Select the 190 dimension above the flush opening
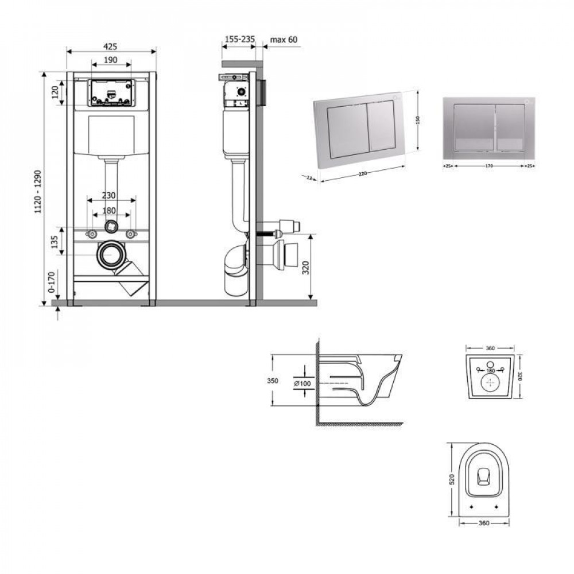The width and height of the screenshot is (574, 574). tap(111, 60)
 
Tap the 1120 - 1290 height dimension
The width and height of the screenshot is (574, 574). tap(38, 191)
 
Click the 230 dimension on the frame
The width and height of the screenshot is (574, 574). tap(111, 195)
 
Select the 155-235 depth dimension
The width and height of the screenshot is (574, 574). tap(238, 39)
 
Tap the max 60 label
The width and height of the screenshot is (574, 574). tap(285, 39)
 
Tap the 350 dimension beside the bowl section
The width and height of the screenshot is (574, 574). tap(273, 381)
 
